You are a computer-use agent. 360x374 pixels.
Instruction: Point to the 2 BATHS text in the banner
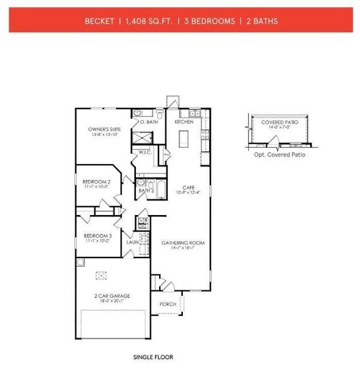(x=261, y=21)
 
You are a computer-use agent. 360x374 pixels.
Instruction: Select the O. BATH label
(x=147, y=122)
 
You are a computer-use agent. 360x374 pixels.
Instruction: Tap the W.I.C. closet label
(x=145, y=151)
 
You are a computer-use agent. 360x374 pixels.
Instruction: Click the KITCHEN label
(x=184, y=122)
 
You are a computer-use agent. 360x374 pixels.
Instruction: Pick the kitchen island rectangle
(x=184, y=141)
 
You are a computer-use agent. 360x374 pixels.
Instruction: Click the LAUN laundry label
(x=132, y=241)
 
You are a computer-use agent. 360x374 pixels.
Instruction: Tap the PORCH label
(x=167, y=304)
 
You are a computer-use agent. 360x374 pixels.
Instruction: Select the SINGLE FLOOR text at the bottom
(x=153, y=358)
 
